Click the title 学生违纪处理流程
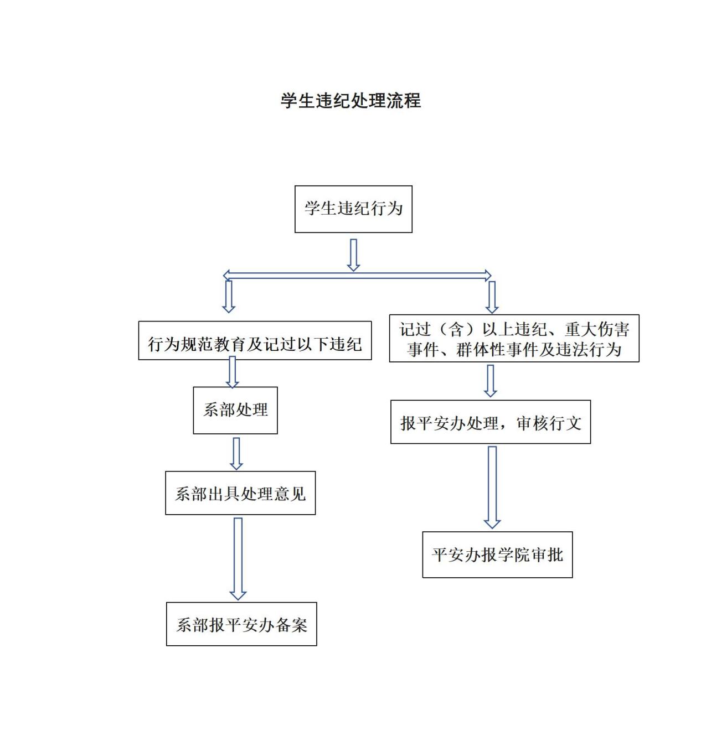[x=350, y=101]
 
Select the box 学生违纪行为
[x=353, y=209]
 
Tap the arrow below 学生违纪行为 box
[x=353, y=255]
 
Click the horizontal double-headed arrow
[x=357, y=275]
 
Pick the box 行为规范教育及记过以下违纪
[x=255, y=341]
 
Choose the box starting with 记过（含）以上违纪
[x=514, y=339]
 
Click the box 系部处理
[x=235, y=410]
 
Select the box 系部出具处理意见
[x=240, y=493]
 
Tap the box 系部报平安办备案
[x=241, y=624]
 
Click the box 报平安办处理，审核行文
[x=491, y=422]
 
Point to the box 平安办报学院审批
[x=497, y=555]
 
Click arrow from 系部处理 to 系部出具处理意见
[x=236, y=453]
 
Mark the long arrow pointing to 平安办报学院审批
[x=492, y=487]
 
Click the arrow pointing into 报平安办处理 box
[x=490, y=381]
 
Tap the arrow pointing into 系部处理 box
[x=232, y=372]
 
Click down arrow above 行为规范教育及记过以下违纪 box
[x=229, y=297]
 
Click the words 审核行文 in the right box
[x=549, y=423]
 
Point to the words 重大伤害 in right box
[x=597, y=330]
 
